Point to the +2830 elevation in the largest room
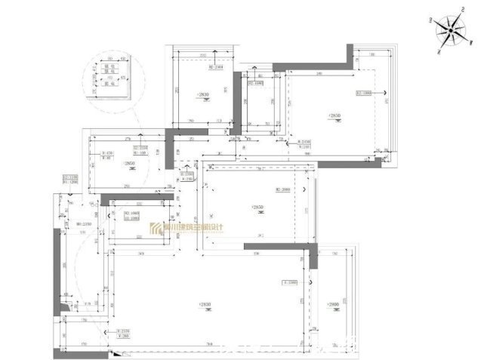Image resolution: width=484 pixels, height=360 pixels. (205, 304)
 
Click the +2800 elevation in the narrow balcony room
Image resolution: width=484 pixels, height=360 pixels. (334, 304)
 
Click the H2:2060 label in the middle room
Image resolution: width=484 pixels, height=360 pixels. (283, 189)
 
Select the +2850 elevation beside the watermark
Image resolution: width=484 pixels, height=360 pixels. (258, 206)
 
